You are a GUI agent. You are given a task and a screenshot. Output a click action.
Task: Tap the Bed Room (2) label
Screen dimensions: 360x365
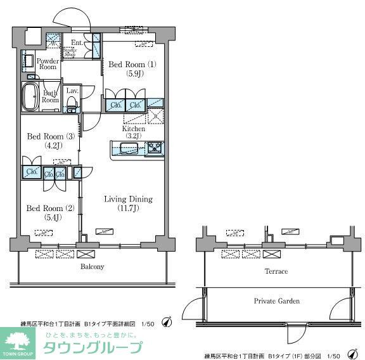click(x=45, y=209)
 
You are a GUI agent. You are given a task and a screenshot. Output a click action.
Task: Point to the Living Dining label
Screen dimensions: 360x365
click(x=127, y=199)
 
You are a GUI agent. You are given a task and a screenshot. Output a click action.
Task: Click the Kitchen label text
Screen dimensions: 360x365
click(x=134, y=129)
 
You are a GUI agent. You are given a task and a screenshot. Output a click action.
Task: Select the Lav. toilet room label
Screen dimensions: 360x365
click(x=72, y=91)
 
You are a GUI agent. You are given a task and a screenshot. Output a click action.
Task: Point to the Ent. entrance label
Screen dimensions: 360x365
click(x=77, y=43)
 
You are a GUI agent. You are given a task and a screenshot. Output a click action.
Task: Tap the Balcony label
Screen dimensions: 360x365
click(x=92, y=267)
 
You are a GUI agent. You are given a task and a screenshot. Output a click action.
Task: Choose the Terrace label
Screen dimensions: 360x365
click(x=276, y=271)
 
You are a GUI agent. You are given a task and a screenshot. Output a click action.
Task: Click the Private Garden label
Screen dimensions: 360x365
click(x=277, y=301)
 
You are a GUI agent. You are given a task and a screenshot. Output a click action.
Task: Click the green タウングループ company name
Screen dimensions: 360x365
click(x=93, y=348)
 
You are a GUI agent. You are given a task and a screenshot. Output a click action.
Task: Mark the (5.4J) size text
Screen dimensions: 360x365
click(x=45, y=217)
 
